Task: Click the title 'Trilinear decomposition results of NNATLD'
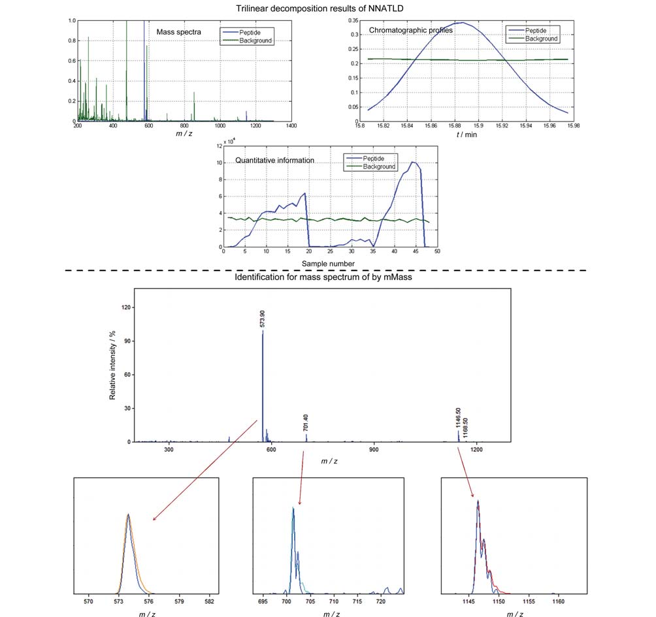(320, 8)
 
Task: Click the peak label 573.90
(262, 319)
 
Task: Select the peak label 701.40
(305, 422)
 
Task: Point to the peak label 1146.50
(458, 418)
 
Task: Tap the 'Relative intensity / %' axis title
(112, 366)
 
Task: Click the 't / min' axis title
(467, 134)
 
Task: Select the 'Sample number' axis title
(328, 264)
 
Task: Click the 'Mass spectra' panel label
(178, 32)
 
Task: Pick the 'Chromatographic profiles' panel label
(411, 30)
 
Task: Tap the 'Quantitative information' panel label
(274, 160)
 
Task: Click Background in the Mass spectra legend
(255, 40)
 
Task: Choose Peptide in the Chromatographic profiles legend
(536, 31)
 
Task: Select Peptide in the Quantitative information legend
(373, 159)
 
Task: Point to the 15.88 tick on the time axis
(455, 125)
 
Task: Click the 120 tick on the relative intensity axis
(126, 308)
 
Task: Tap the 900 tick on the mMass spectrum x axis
(374, 449)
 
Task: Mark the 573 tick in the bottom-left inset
(118, 601)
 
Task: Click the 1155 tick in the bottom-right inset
(529, 601)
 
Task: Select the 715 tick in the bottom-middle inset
(357, 601)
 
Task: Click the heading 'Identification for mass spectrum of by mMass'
(323, 277)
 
